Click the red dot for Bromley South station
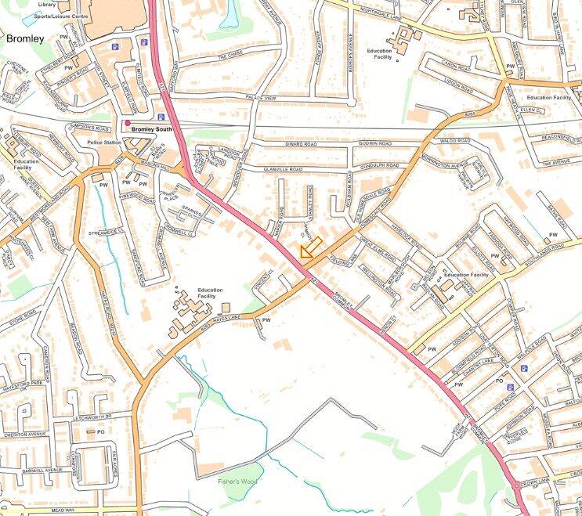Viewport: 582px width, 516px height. tap(127, 123)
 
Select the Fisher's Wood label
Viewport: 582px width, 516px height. tap(238, 481)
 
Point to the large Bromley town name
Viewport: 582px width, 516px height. tap(27, 37)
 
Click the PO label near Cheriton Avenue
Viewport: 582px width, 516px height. tap(101, 431)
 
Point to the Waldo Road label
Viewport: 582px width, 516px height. tap(454, 141)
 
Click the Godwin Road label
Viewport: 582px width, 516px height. tap(374, 143)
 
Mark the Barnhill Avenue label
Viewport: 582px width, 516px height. tap(42, 471)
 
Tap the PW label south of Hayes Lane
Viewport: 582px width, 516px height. tap(266, 319)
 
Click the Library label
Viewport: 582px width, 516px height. tap(47, 3)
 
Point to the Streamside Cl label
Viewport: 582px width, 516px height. tap(107, 233)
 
